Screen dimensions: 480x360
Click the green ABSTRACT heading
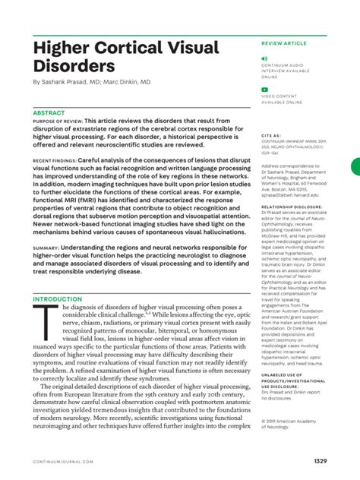coord(49,112)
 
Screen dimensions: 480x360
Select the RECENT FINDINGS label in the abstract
coord(53,163)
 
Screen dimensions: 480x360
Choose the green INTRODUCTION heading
coord(58,299)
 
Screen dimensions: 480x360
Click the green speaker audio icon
coord(264,58)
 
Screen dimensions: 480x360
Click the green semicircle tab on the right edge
coord(355,168)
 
